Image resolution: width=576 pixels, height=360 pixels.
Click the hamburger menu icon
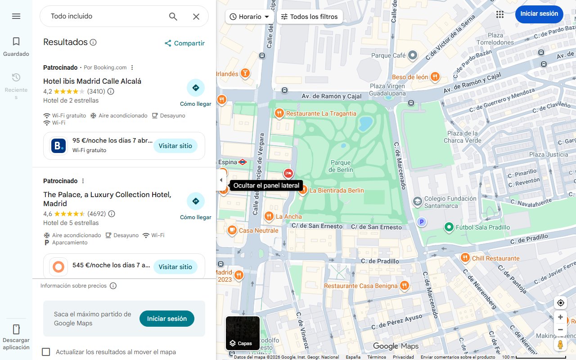coord(16,16)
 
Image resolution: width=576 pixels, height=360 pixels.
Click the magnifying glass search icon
coord(173,17)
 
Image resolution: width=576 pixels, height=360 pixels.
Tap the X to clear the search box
coord(196,17)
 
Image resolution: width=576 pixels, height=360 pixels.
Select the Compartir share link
coord(184,43)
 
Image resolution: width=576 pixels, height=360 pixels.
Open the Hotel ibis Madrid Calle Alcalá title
coord(92,81)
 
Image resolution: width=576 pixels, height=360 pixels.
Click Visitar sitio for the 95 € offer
coord(175,146)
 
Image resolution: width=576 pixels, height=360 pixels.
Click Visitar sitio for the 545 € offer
coord(175,267)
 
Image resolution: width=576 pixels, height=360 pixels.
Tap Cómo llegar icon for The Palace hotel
coord(196,201)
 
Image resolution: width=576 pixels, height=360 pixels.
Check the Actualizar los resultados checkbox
coord(46,352)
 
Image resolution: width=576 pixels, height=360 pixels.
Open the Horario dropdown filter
coord(250,17)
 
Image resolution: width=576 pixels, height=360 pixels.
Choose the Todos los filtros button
coord(309,17)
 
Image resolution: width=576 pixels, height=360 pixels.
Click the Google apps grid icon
coord(499,14)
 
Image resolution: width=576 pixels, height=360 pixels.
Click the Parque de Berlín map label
coord(341,166)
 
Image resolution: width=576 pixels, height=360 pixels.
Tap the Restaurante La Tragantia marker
coord(279,113)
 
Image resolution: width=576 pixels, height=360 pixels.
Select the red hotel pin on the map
coord(288,173)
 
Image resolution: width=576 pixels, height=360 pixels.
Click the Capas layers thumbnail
coord(243,333)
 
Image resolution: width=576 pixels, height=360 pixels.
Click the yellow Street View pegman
coord(560,345)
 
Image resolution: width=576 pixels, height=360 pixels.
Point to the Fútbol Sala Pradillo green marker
coord(449,227)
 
